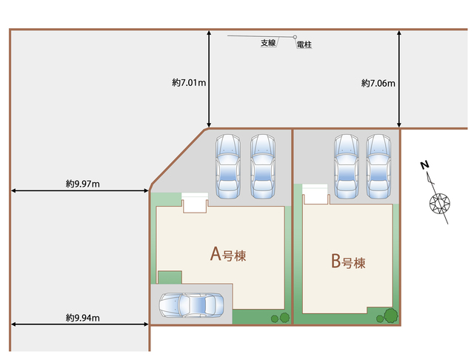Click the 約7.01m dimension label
[x=189, y=82]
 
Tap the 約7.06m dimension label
[x=378, y=83]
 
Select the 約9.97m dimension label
[x=83, y=184]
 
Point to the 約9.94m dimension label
[x=83, y=318]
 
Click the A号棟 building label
[x=228, y=254]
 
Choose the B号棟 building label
[x=348, y=261]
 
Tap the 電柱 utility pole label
[x=304, y=44]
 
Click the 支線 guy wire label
[x=268, y=43]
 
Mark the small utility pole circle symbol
[x=295, y=37]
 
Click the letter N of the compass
[x=424, y=165]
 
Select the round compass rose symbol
[x=440, y=203]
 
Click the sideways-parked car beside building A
[x=191, y=304]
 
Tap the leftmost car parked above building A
[x=228, y=167]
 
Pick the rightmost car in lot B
[x=378, y=167]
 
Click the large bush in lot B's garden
[x=391, y=316]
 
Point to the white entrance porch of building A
[x=195, y=202]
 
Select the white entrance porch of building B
[x=315, y=194]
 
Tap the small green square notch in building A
[x=170, y=278]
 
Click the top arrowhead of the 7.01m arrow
[x=209, y=32]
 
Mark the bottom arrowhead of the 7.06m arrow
[x=399, y=124]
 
